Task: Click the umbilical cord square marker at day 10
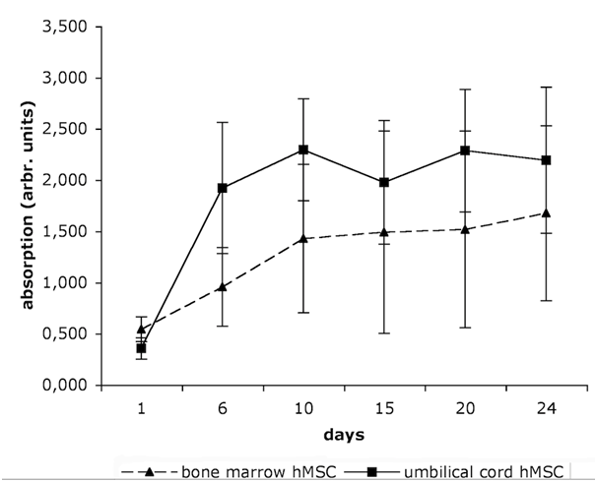[303, 150]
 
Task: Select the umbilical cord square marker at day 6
[223, 188]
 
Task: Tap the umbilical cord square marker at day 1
[142, 348]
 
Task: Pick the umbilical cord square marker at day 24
[546, 160]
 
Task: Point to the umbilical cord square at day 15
[384, 182]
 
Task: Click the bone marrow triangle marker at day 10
[303, 238]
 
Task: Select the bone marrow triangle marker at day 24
[546, 212]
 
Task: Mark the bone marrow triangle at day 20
[465, 229]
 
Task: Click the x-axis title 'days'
[344, 432]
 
